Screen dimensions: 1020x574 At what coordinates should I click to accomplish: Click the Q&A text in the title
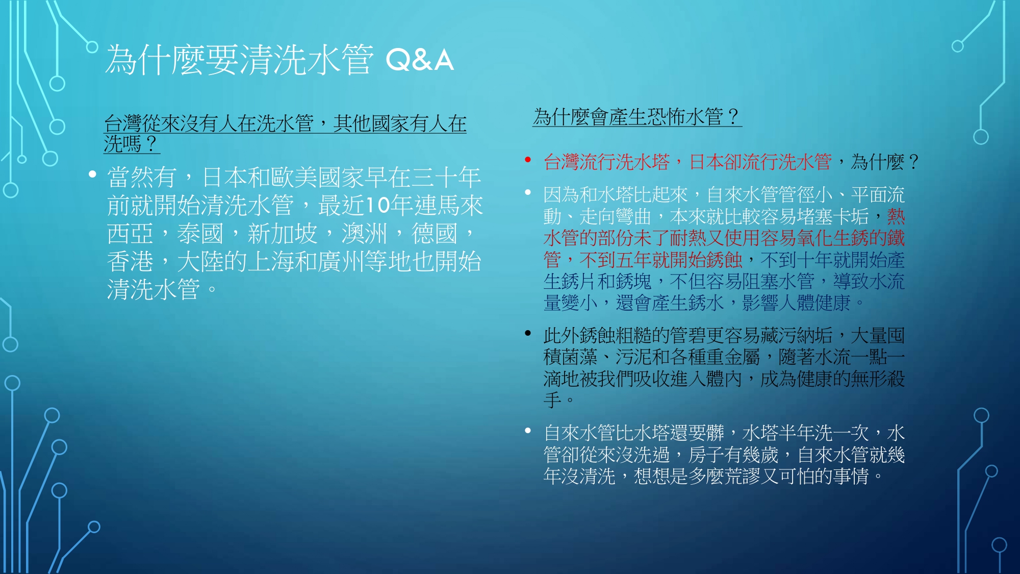(x=419, y=60)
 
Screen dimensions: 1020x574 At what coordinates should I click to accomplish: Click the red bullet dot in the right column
(x=528, y=160)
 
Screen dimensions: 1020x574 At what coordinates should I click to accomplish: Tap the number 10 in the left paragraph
(x=378, y=205)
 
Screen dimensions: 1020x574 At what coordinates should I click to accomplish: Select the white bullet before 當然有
(x=92, y=174)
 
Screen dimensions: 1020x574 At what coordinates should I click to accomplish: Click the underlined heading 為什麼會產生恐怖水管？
(x=636, y=117)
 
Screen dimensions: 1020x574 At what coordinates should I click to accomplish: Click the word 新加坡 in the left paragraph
(x=283, y=234)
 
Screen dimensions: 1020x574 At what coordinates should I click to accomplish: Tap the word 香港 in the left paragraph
(x=130, y=262)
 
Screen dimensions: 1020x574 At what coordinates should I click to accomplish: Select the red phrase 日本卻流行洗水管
(x=760, y=162)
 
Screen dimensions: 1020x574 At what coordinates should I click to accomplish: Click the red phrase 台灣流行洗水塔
(x=606, y=162)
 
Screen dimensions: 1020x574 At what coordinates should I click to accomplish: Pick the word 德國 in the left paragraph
(x=435, y=234)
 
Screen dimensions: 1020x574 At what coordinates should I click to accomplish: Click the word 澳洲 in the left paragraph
(x=365, y=234)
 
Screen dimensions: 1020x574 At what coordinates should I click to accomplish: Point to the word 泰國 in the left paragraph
(x=200, y=234)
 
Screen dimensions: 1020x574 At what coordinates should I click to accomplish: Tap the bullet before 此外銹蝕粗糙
(x=528, y=334)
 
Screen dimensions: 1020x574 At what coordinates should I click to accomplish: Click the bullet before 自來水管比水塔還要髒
(x=528, y=431)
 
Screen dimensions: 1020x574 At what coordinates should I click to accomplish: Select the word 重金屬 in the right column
(x=733, y=357)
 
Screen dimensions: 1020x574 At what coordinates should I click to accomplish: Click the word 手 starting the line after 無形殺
(x=552, y=400)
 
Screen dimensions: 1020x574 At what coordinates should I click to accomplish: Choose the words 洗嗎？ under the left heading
(x=131, y=143)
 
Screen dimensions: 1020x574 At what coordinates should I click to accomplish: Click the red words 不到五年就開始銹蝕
(x=661, y=260)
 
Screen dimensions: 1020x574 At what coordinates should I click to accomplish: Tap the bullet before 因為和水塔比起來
(x=528, y=192)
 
